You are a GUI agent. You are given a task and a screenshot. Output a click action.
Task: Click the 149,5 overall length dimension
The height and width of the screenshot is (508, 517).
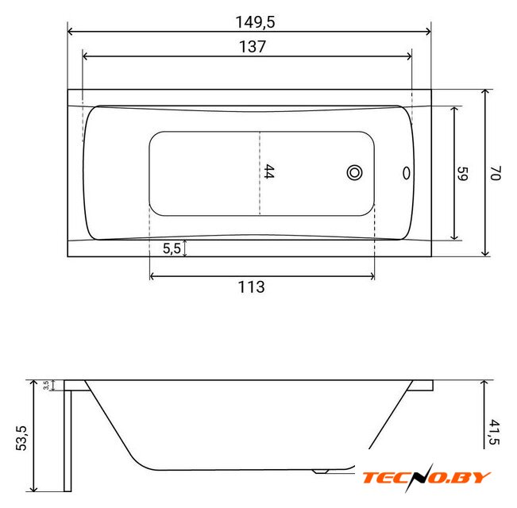click(255, 22)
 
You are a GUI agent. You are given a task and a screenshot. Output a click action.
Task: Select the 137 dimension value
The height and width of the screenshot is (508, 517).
click(253, 47)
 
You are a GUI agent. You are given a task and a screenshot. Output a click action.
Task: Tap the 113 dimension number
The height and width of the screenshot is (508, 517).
click(251, 287)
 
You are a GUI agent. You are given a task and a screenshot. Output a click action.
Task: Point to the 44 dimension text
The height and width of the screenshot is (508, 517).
click(269, 171)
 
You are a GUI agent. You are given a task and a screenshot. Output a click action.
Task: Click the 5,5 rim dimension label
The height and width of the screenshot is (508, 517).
click(172, 248)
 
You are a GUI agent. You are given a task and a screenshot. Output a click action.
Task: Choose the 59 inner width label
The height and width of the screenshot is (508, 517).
click(462, 173)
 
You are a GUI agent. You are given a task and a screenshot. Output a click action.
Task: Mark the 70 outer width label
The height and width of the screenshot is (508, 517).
click(496, 173)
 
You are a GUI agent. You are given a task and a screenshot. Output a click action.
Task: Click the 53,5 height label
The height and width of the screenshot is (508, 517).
click(21, 438)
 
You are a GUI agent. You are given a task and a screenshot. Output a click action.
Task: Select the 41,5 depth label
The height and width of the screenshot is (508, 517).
click(494, 432)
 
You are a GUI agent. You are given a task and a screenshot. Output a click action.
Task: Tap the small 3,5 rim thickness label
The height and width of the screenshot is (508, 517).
click(46, 385)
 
